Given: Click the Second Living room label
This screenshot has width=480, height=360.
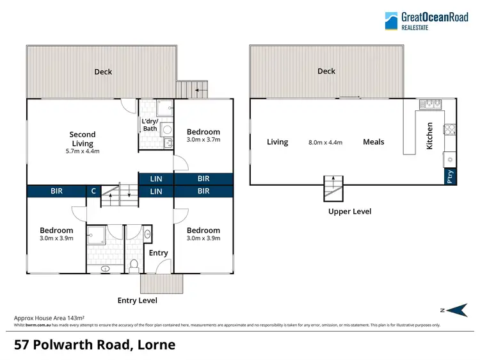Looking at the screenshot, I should coord(83,139).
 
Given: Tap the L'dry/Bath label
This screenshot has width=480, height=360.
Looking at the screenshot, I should coord(150,125).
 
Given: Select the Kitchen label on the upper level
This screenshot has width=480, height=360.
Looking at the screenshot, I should coord(430,136).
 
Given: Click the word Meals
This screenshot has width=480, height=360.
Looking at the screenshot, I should coord(374,142).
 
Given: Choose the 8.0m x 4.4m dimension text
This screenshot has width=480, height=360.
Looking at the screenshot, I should coord(325,142).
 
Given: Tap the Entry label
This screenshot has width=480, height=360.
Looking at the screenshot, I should coord(158,253).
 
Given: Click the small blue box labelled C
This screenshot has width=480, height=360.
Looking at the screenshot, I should coord(93,191).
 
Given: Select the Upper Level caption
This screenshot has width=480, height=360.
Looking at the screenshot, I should coord(349,211).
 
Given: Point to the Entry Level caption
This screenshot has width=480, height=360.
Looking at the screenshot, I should coord(137,300).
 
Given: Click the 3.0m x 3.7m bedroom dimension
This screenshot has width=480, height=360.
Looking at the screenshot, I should coord(203,139).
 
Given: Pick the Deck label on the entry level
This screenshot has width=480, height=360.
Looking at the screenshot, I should coord(103,72).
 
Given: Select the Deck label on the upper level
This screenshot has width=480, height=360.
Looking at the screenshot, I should coord(326,71).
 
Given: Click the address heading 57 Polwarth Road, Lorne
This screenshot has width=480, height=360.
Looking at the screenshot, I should coord(95,345).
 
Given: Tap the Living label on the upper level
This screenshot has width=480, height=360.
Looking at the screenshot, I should coord(277,142).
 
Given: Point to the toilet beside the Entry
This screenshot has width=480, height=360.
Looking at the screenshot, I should coord(134,263).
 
